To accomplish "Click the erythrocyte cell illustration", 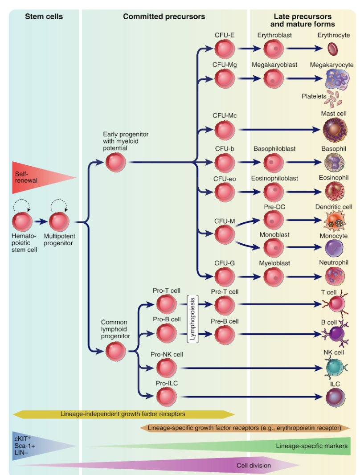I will click(x=333, y=48).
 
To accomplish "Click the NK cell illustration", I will click(x=333, y=368).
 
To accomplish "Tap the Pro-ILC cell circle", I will click(x=167, y=396).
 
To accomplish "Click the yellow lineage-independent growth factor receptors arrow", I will click(x=123, y=414).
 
